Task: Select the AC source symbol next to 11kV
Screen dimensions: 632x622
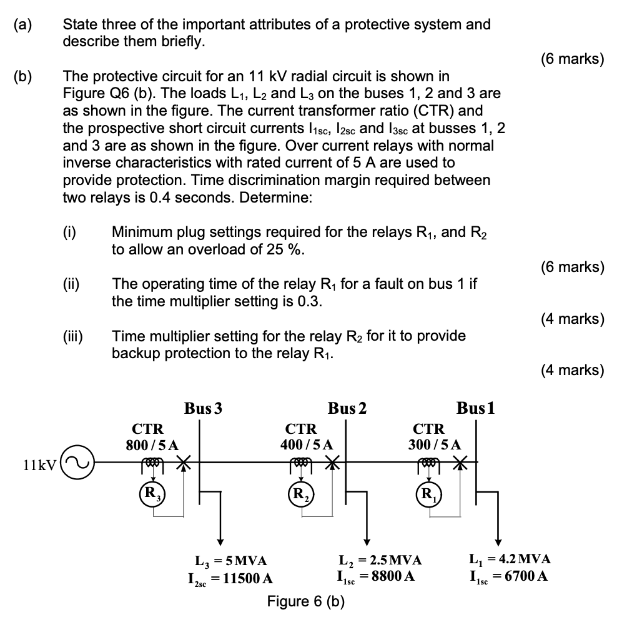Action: click(x=77, y=463)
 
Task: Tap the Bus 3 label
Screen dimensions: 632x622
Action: click(x=203, y=409)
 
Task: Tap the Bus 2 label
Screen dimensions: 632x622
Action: click(x=348, y=409)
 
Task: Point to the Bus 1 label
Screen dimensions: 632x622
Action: click(x=476, y=409)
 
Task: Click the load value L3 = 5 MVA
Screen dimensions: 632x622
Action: click(x=232, y=560)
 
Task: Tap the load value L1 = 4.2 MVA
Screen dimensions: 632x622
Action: click(x=510, y=559)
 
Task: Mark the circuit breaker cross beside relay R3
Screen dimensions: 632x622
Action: click(x=183, y=463)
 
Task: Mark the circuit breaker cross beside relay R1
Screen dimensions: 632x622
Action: click(x=460, y=463)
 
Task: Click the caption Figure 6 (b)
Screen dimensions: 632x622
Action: click(x=305, y=601)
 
